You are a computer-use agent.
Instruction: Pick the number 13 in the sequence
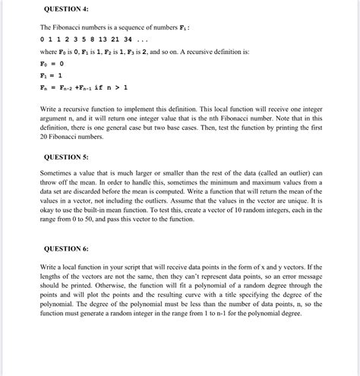click(x=109, y=39)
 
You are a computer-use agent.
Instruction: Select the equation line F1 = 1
click(x=51, y=76)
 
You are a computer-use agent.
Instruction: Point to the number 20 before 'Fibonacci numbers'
click(x=45, y=141)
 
